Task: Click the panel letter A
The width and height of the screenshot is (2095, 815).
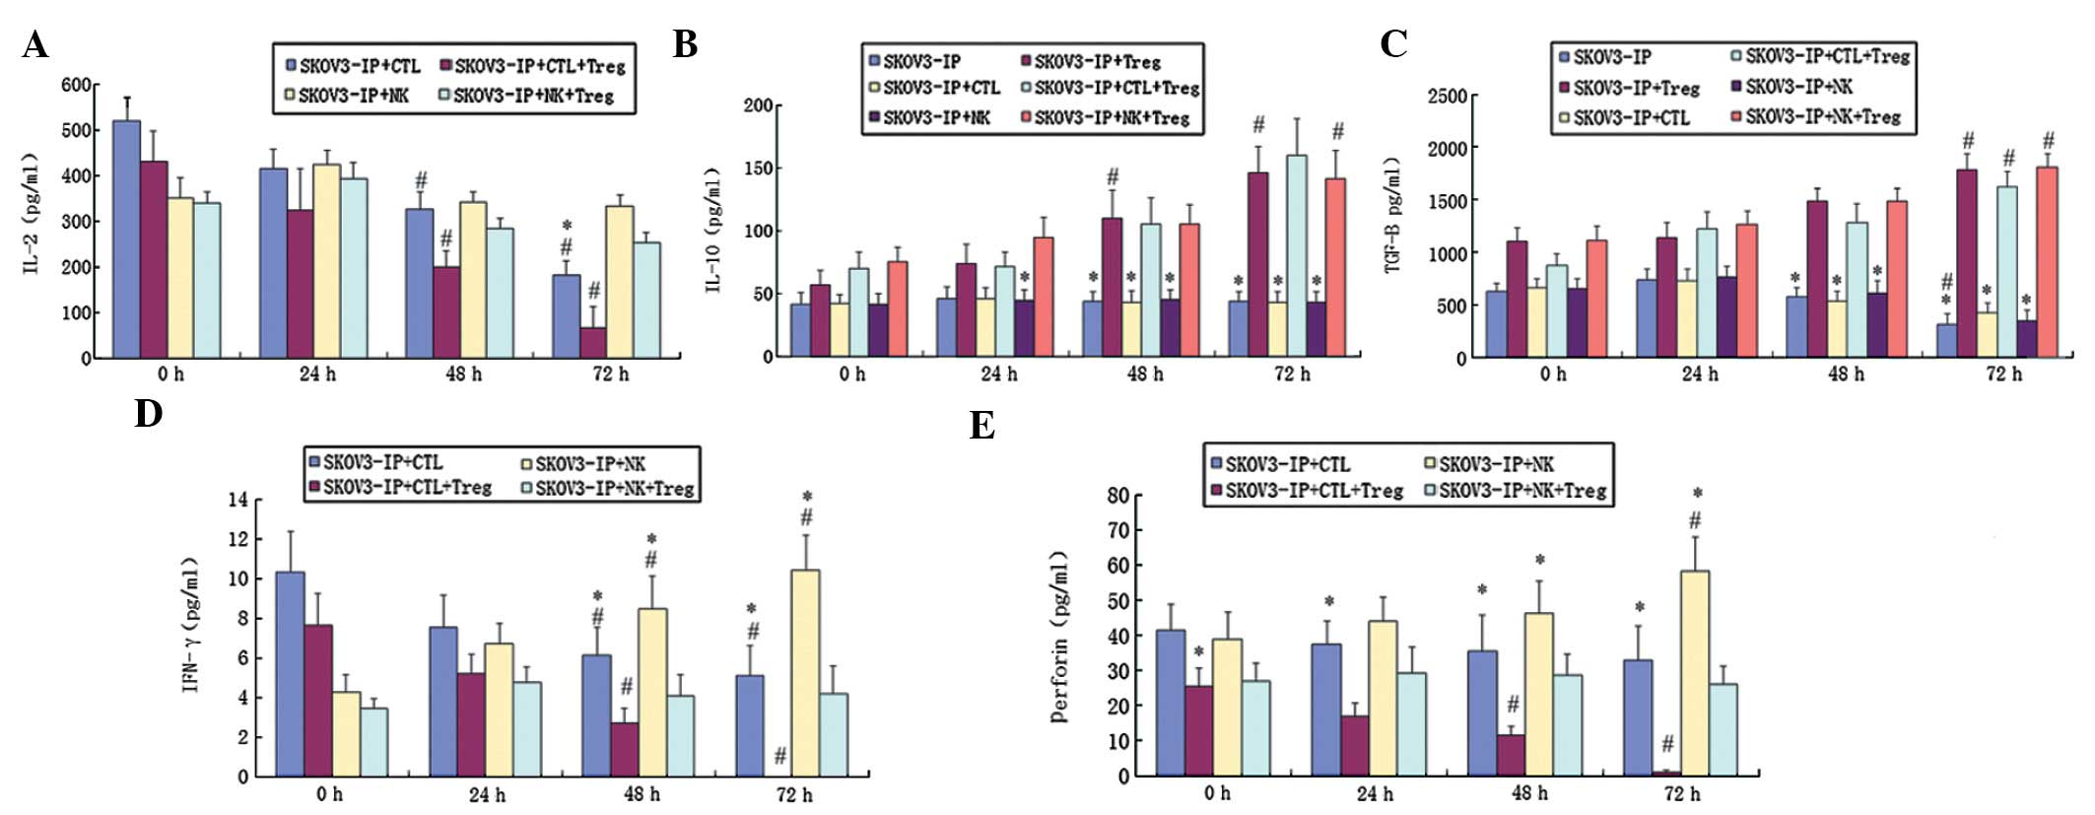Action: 35,44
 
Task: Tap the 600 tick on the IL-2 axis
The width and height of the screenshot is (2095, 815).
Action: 76,85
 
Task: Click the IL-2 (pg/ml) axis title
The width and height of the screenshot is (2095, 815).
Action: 32,213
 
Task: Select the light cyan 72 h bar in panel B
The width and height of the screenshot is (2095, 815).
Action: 1297,256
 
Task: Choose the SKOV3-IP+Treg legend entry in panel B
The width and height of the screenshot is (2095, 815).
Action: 1097,61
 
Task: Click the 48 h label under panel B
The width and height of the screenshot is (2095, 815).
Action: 1144,374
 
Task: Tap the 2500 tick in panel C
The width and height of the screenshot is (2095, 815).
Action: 1447,96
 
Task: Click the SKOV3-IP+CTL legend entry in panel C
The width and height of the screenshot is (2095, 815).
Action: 1631,118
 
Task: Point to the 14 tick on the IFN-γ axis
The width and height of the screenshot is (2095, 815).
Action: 237,500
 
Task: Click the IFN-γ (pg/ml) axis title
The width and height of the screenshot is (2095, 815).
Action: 191,625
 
